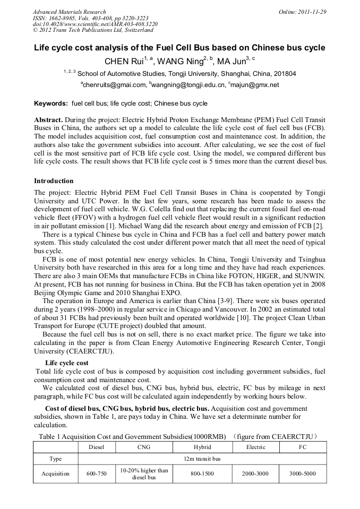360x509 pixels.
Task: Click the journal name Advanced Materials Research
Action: [x=69, y=12]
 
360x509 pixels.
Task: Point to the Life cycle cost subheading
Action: [x=67, y=363]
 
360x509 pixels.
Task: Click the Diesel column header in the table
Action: [x=97, y=447]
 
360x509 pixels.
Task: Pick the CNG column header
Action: [x=143, y=447]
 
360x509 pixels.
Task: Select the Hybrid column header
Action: [x=202, y=447]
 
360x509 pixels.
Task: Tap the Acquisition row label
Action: [x=56, y=473]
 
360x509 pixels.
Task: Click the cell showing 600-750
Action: [x=97, y=473]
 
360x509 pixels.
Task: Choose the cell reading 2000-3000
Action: [x=256, y=473]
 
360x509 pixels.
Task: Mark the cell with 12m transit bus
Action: [x=202, y=459]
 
